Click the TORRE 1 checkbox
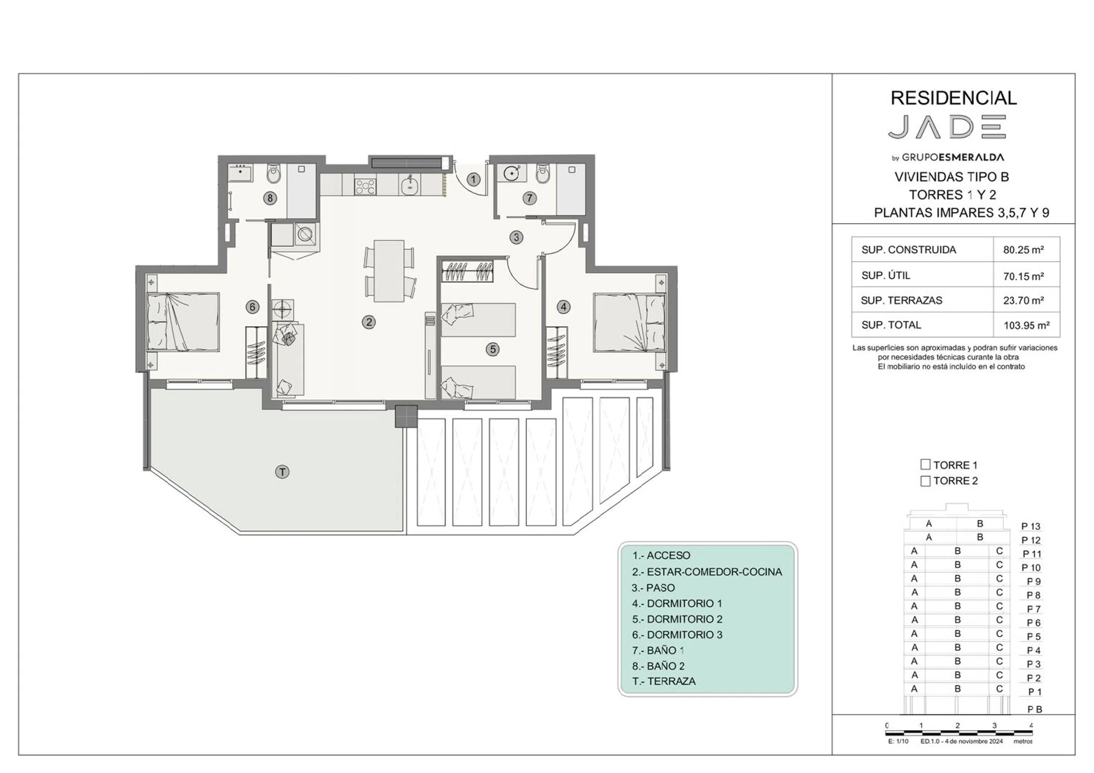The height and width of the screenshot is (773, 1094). pos(925,464)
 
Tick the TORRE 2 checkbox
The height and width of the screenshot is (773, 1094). pos(925,481)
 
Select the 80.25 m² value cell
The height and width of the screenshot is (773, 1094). pos(1023,250)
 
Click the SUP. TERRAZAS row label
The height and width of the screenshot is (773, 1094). pos(901,300)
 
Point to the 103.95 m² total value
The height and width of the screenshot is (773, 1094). pos(1026,325)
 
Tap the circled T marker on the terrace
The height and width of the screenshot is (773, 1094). pos(282,472)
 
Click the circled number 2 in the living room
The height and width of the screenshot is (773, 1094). pos(368,322)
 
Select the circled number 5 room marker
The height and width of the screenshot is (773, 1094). pos(493,349)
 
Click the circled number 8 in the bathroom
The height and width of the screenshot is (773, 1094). pos(270,198)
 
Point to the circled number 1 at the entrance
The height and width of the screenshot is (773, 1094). pos(474,179)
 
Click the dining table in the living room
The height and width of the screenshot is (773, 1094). pos(389,271)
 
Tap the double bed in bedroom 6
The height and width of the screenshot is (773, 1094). pos(183,322)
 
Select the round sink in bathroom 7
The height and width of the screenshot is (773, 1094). pos(511,173)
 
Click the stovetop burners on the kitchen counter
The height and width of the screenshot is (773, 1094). pos(365,186)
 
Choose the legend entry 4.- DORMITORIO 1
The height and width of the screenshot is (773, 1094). pos(677,603)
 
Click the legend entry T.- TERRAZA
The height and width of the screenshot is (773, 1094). pos(664,681)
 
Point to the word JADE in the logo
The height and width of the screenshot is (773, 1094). pos(947,127)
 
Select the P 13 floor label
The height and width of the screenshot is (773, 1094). pos(1031,526)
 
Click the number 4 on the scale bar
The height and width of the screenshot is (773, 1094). pos(1031,725)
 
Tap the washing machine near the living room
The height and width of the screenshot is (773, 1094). pos(306,234)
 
